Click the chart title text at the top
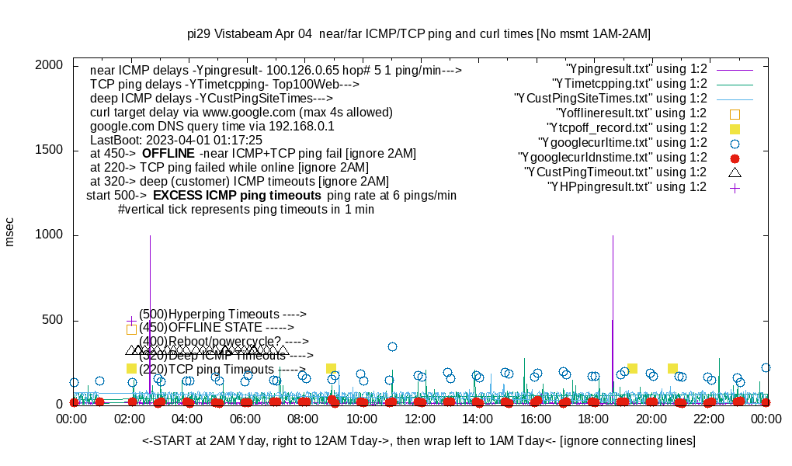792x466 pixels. [419, 34]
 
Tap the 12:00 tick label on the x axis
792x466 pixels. [419, 419]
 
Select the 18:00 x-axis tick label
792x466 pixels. [593, 419]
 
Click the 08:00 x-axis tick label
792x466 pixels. [304, 419]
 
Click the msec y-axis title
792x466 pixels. [10, 231]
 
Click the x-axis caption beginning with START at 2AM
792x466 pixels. [419, 441]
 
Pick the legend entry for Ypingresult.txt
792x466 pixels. [637, 69]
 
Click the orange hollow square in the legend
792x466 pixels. [735, 113]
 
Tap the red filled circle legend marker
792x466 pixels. [735, 158]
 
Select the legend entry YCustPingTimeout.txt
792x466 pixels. [615, 172]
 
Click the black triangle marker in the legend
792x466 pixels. [735, 172]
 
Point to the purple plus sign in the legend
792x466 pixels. [735, 187]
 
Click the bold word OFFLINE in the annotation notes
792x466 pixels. [168, 153]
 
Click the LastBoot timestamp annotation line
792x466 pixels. [176, 140]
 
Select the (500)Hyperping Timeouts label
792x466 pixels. [223, 314]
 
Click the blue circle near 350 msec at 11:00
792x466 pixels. [393, 346]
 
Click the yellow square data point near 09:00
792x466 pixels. [332, 368]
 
